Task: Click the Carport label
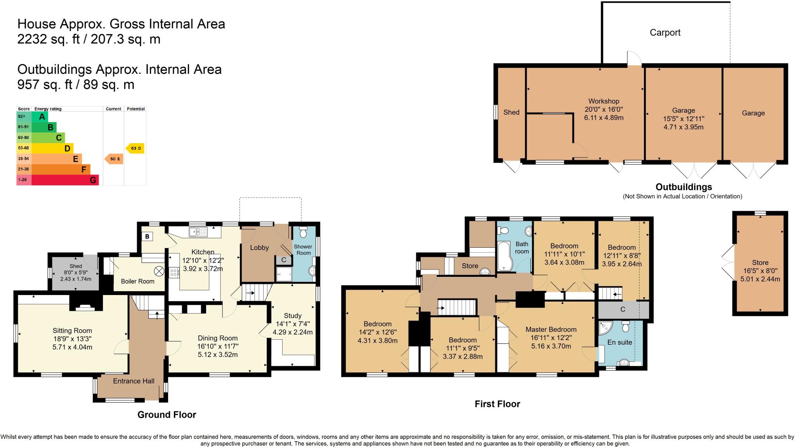[x=665, y=33]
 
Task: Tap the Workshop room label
[x=604, y=101]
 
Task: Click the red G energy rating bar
[x=65, y=180]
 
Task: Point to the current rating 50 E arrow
[x=114, y=159]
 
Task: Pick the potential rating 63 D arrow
[x=135, y=148]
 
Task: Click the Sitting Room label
[x=72, y=331]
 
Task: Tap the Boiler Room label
[x=137, y=281]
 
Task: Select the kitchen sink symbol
[x=198, y=232]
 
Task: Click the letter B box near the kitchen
[x=147, y=236]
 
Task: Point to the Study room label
[x=292, y=316]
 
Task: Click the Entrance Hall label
[x=134, y=381]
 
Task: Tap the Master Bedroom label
[x=551, y=329]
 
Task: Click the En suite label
[x=620, y=342]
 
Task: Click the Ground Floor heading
[x=167, y=415]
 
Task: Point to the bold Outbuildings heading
[x=684, y=187]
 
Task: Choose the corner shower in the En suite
[x=604, y=328]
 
